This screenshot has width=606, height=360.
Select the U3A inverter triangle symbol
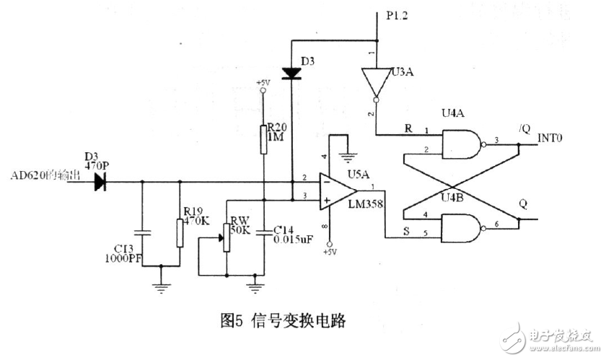(x=376, y=82)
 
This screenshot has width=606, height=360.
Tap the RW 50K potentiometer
(x=227, y=237)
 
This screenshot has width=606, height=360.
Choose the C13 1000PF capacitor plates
(x=141, y=232)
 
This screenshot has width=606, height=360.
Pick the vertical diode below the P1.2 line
(x=291, y=74)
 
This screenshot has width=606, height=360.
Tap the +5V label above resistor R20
(x=263, y=84)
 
